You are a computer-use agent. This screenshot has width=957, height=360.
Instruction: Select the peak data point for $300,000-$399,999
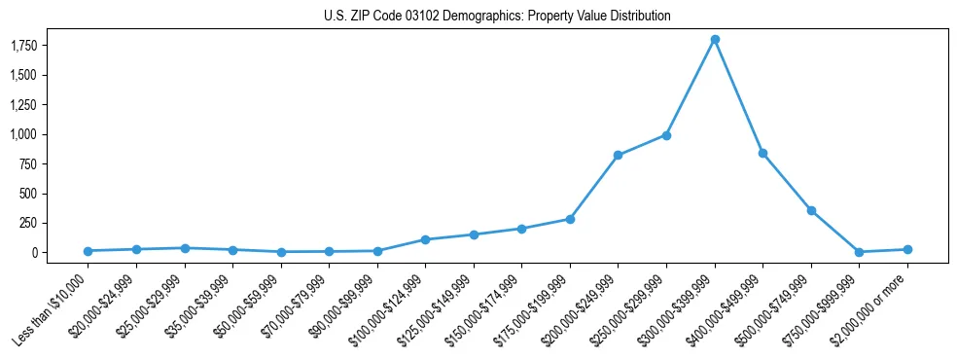tap(715, 40)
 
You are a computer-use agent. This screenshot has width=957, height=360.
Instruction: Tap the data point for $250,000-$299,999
tap(666, 135)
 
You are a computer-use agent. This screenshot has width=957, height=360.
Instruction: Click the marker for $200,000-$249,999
tap(618, 155)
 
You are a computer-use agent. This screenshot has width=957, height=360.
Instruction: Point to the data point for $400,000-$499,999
tap(762, 153)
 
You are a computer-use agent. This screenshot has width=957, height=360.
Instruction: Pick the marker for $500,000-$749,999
tap(811, 210)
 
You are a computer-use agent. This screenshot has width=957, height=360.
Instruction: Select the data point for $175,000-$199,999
tap(570, 219)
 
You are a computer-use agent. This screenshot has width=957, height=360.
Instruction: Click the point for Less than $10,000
tap(88, 251)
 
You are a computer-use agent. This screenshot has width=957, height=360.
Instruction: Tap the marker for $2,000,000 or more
tap(907, 249)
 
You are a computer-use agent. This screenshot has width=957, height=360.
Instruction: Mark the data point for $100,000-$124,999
tap(425, 239)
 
